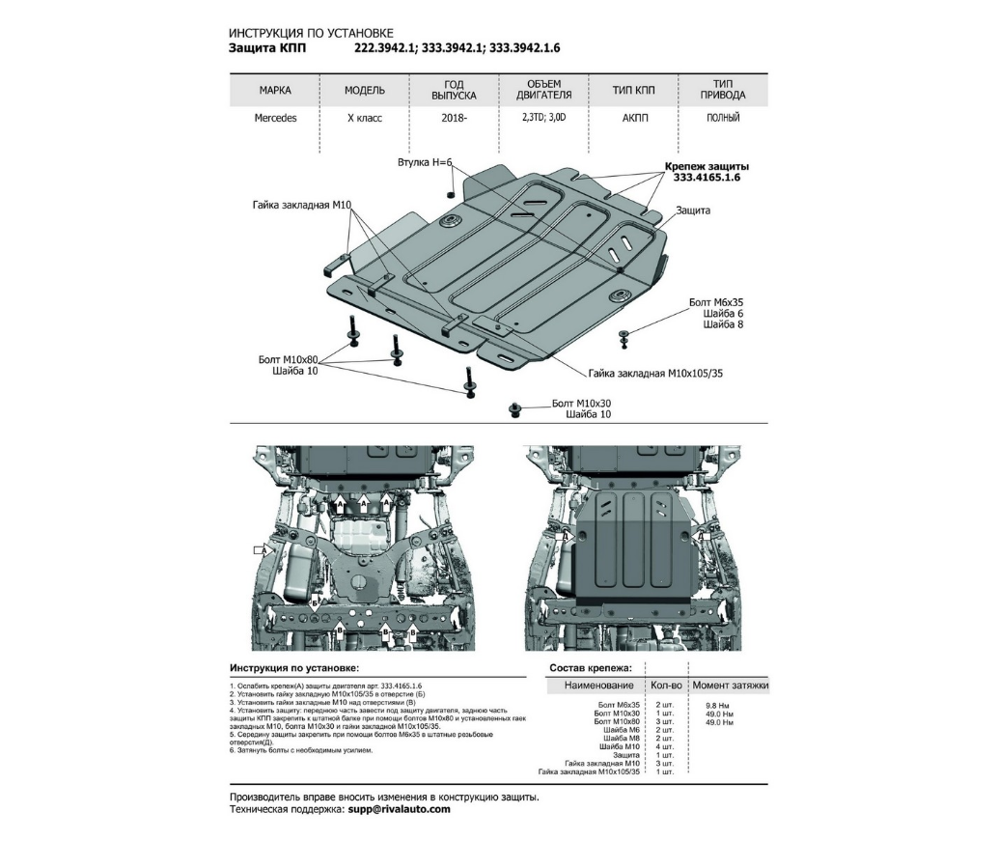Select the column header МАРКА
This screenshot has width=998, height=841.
275,91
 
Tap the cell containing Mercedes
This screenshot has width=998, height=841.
275,118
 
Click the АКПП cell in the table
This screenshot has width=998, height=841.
633,118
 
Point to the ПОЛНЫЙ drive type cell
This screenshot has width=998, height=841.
723,118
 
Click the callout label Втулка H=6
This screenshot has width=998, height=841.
425,162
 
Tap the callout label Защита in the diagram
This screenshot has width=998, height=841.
693,210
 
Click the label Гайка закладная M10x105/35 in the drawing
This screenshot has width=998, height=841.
654,372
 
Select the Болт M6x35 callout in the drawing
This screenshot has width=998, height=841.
716,302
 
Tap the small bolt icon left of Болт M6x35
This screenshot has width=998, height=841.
624,336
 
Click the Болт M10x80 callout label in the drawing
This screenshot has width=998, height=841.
288,359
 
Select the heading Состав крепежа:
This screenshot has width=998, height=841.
591,667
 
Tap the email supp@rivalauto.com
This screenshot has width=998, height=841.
399,810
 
